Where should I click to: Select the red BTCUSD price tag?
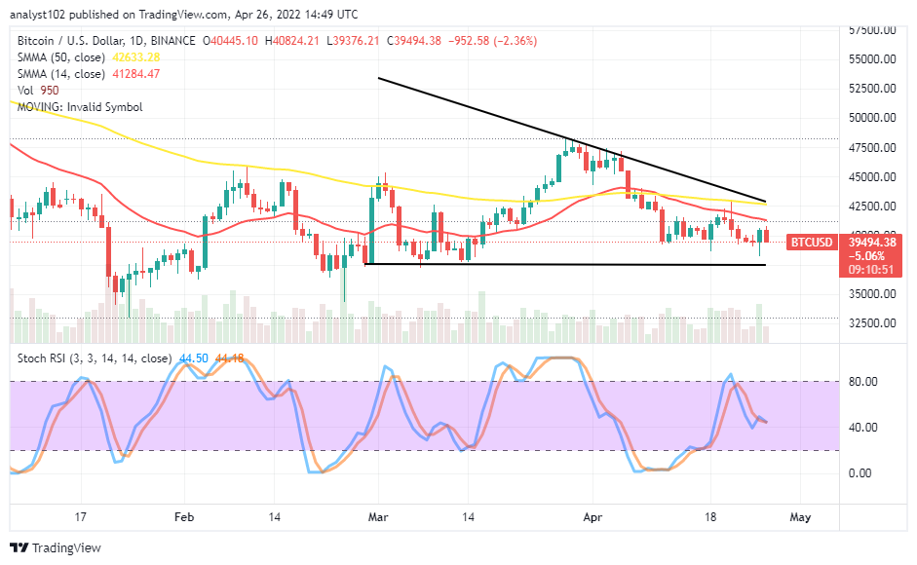point(813,241)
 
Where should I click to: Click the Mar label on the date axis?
point(378,517)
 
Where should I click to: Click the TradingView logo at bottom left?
point(57,548)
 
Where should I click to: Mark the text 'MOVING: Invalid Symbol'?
point(79,106)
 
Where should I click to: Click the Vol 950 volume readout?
point(43,90)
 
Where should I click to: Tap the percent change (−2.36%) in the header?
point(516,40)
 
